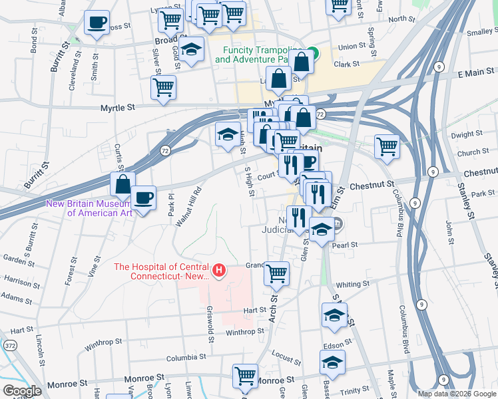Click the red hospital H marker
(218, 271)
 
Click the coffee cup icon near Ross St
(97, 23)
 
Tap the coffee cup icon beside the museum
(143, 198)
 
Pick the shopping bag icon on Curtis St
(123, 184)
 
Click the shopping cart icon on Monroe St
(245, 376)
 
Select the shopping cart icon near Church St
(387, 146)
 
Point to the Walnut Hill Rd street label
(188, 207)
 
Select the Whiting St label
(353, 284)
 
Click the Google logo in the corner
(22, 391)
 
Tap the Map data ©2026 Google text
(456, 394)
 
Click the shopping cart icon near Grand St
(276, 273)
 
